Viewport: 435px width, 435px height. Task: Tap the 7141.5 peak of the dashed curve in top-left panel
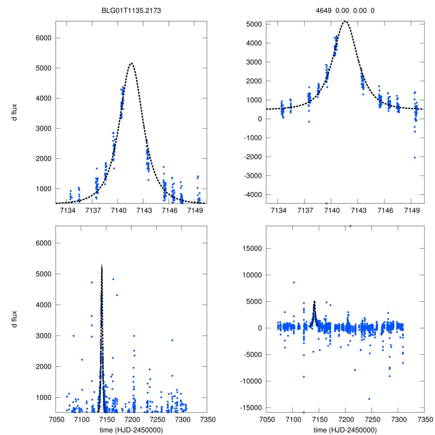coord(131,63)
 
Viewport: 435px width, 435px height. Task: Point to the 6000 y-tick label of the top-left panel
coord(42,38)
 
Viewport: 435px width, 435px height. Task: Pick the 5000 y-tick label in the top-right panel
coord(255,24)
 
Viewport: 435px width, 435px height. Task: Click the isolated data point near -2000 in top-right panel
coord(415,157)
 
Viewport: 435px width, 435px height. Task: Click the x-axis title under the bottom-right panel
coord(345,429)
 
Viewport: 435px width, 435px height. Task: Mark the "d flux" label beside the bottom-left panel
coord(14,319)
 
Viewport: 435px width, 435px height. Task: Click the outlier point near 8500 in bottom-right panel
coord(294,282)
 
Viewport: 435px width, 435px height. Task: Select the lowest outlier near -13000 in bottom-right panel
coord(369,398)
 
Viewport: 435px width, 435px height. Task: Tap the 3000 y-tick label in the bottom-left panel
coord(42,336)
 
